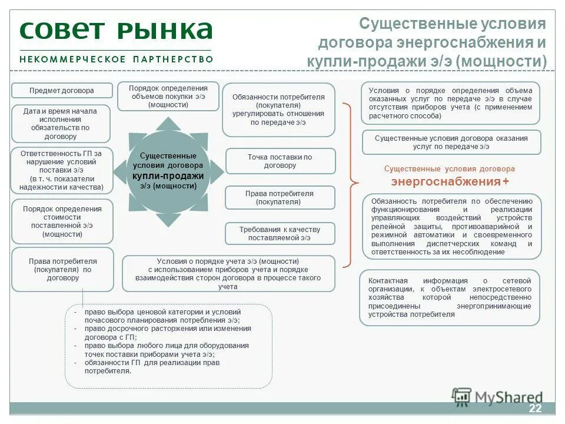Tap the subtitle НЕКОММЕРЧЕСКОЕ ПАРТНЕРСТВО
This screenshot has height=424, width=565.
(116, 59)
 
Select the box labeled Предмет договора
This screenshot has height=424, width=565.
(62, 91)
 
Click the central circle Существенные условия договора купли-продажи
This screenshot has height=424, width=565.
(168, 171)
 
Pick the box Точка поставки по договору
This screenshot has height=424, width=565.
(280, 161)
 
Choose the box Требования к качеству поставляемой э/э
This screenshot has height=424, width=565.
(280, 233)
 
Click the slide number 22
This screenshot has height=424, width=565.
(535, 409)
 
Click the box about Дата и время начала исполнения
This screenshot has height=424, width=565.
(61, 124)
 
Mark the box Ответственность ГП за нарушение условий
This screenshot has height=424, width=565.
(61, 170)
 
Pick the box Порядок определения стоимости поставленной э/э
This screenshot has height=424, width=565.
(62, 221)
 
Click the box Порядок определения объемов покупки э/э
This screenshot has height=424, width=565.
(168, 96)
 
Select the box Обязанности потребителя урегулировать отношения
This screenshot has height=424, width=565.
(278, 110)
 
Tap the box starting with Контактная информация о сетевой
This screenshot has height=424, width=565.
(450, 297)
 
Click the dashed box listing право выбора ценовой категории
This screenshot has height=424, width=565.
(168, 346)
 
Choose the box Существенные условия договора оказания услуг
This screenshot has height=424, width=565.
(451, 142)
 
